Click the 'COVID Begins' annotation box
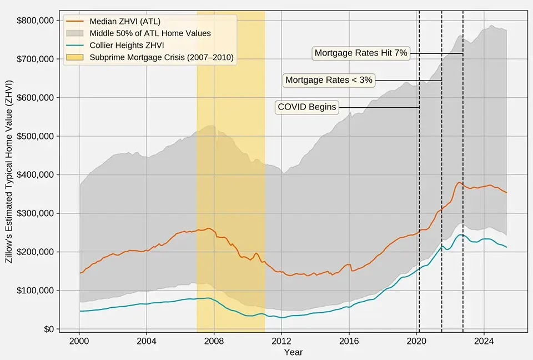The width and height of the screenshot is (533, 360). point(307,107)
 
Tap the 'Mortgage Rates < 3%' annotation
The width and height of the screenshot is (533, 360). point(329,80)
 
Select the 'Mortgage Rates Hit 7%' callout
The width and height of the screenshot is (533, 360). point(361,53)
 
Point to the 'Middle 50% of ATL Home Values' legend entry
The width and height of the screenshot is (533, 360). point(150,33)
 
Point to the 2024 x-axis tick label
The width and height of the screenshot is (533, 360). point(484,341)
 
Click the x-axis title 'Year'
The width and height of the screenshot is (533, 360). point(293,352)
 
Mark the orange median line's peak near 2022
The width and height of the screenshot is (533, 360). point(459,182)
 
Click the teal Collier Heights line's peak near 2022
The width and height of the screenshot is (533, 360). point(460,234)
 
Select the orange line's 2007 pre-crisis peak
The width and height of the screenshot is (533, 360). point(208,228)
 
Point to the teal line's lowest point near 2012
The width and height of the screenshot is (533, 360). point(282,318)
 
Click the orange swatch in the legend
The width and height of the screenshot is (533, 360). point(76,22)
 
